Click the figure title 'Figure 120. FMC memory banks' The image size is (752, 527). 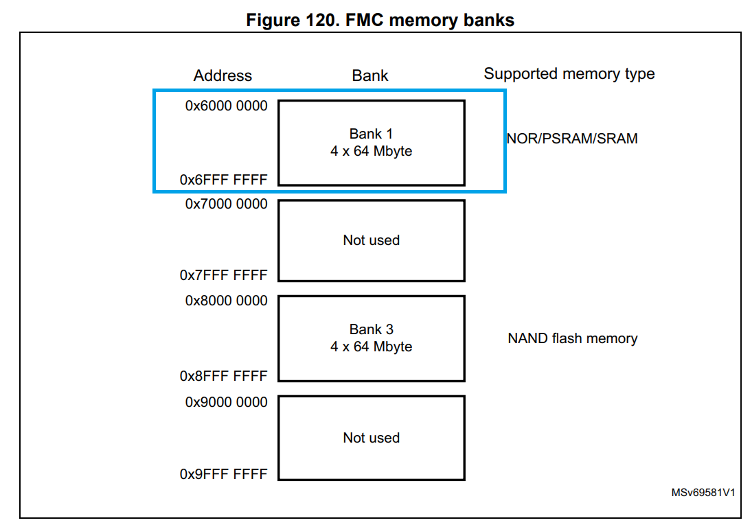click(x=380, y=20)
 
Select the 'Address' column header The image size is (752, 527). click(x=223, y=75)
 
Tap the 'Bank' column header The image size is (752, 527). click(x=370, y=75)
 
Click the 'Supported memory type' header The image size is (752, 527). click(x=569, y=74)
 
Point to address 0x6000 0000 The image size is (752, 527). click(x=226, y=106)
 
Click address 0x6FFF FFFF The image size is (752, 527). click(x=223, y=180)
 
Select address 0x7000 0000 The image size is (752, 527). click(x=226, y=204)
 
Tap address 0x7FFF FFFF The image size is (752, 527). click(x=223, y=275)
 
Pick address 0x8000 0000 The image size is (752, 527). click(x=226, y=301)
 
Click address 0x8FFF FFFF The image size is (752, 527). click(x=223, y=376)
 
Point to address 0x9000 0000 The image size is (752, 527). click(x=226, y=402)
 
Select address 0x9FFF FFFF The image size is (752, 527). click(x=223, y=474)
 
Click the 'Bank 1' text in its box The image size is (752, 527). click(x=371, y=134)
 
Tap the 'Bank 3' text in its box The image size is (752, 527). click(x=371, y=329)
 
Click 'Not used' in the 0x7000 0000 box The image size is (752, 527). click(x=371, y=240)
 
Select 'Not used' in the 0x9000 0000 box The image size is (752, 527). click(x=371, y=438)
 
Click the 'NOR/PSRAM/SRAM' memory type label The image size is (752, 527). click(x=572, y=139)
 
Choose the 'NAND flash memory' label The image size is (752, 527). click(x=572, y=338)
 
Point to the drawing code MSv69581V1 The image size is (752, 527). click(x=703, y=493)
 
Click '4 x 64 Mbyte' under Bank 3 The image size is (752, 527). click(x=371, y=347)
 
